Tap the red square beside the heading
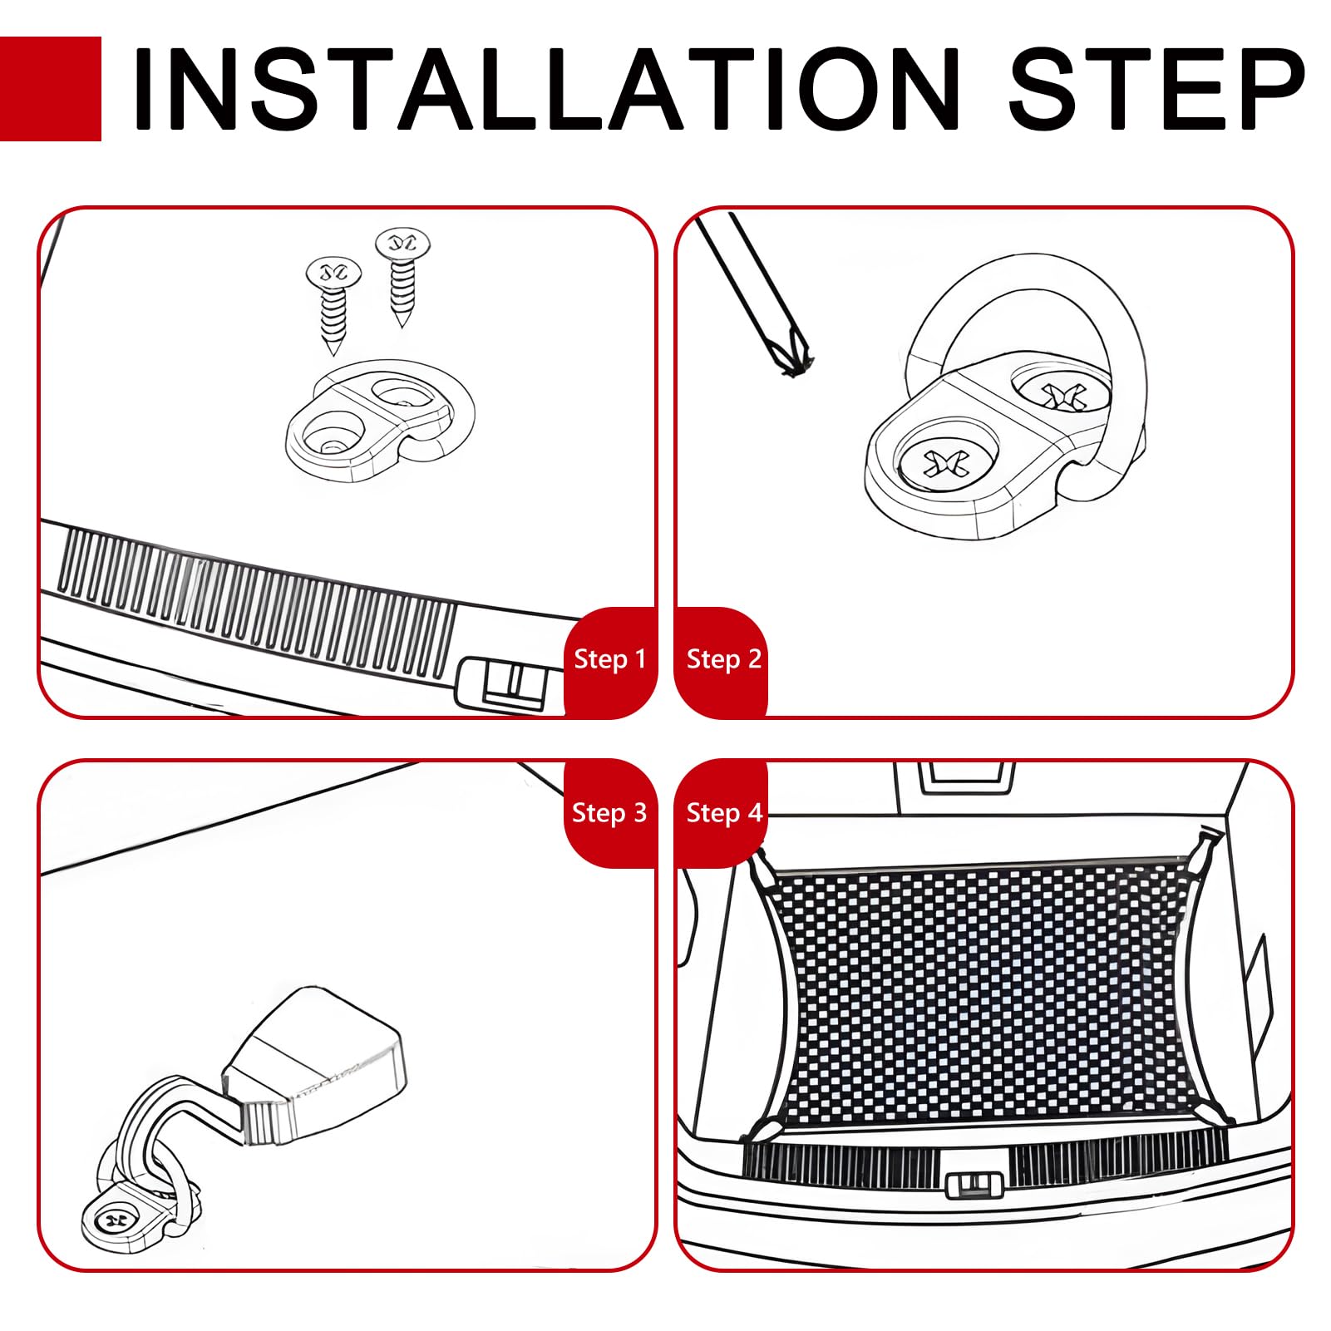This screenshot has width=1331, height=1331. tap(51, 89)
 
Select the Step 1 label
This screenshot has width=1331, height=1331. tap(609, 659)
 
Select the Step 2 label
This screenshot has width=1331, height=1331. tap(723, 659)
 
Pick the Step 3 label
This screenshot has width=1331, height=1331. tap(609, 812)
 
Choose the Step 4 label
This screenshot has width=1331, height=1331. tap(723, 812)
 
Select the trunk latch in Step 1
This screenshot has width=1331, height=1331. tap(501, 683)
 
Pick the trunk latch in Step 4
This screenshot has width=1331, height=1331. tap(975, 1184)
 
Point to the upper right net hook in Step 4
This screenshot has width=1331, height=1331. tap(1205, 848)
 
